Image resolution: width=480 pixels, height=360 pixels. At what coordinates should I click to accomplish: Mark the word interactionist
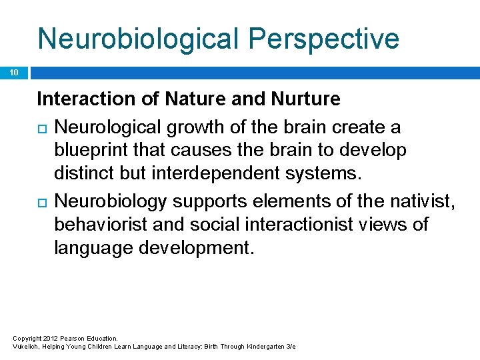[x=284, y=223]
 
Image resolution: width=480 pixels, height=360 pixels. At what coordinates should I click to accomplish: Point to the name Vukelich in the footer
[x=25, y=347]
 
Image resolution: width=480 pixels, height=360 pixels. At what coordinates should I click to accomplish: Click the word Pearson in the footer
[x=71, y=339]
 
